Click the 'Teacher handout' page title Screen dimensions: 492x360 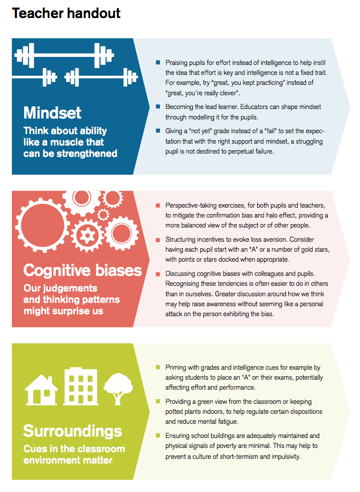tap(66, 14)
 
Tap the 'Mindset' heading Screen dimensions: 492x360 tap(53, 113)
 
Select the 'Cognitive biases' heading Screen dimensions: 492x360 tap(82, 270)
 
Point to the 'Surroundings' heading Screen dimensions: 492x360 tap(72, 431)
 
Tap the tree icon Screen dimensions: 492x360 tap(116, 388)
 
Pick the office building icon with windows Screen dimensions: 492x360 tap(80, 386)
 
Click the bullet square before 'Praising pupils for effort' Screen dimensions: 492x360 tap(158, 63)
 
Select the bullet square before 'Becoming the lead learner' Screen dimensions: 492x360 tap(158, 107)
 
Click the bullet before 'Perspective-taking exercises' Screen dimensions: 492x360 tap(158, 206)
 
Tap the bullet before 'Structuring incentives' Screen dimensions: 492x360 tap(158, 240)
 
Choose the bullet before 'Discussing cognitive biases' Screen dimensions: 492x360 tap(158, 273)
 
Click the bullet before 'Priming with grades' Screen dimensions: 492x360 tap(158, 367)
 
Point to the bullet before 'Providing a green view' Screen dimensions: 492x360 tap(158, 401)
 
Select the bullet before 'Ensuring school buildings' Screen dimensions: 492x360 tap(158, 436)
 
